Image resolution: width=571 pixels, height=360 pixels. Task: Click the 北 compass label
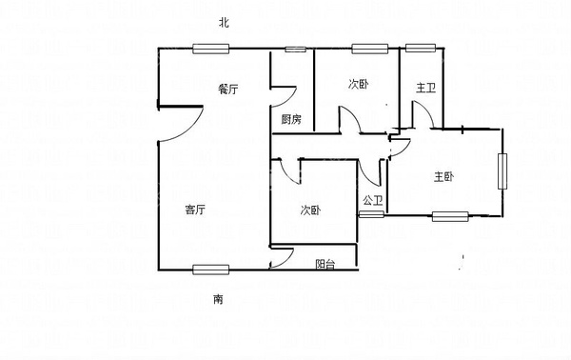224,21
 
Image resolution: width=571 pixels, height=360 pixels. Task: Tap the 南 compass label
218,299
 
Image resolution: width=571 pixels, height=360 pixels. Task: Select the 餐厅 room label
227,89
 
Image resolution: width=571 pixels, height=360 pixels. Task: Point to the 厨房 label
291,119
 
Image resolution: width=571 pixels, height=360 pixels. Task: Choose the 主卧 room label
443,176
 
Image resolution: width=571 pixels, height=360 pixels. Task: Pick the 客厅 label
196,210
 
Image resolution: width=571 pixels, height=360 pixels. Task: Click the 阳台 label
325,263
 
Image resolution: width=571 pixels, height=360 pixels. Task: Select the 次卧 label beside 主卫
358,84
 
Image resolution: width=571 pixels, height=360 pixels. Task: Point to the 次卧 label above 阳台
310,210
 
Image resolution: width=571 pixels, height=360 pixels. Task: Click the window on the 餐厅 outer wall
208,49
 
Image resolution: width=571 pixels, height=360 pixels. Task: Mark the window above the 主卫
420,48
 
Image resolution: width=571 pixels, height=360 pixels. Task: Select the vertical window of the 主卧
503,172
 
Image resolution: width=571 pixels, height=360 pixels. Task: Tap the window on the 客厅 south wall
209,270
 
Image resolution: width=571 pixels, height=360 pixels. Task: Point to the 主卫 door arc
425,114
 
